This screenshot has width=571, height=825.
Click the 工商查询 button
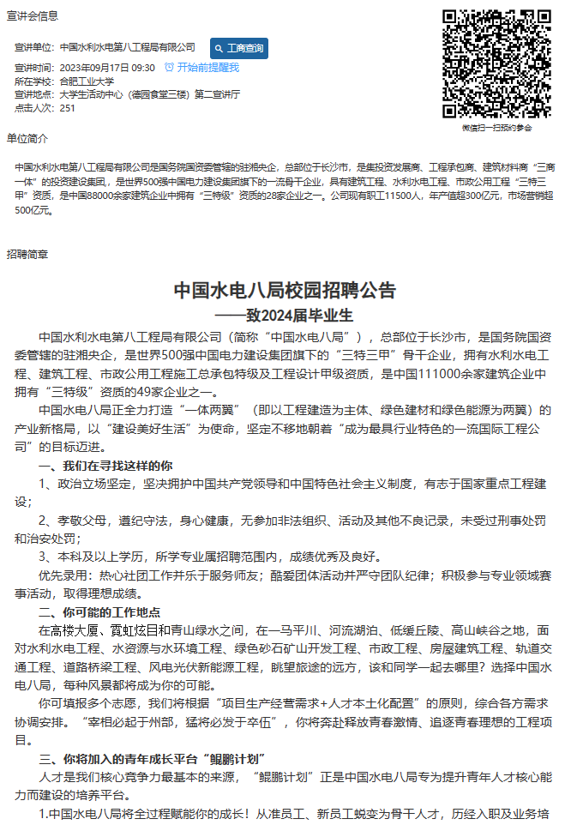point(239,47)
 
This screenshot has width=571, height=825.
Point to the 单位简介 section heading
point(27,138)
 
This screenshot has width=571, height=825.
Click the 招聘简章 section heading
point(27,254)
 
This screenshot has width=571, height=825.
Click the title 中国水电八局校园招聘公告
point(285,290)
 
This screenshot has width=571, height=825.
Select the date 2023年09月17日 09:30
point(107,67)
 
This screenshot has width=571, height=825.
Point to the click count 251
point(68,108)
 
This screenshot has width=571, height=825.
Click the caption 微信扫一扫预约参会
point(497,128)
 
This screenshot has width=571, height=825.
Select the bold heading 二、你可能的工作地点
point(100,612)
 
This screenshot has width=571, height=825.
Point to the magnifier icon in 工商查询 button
point(219,47)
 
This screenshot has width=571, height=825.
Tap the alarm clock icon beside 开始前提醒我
point(169,67)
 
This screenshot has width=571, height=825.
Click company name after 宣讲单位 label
point(128,47)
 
